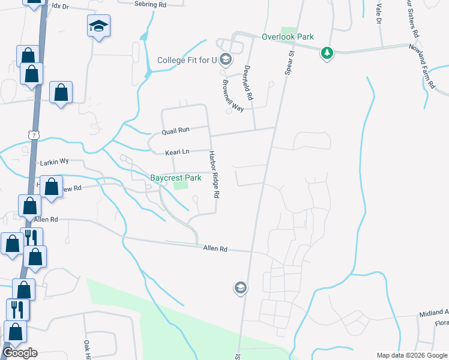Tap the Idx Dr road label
(x=61, y=5)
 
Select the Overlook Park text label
(x=288, y=37)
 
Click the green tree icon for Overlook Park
(x=327, y=53)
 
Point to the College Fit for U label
(x=187, y=59)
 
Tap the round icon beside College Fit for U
(x=226, y=59)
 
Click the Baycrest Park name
(x=175, y=178)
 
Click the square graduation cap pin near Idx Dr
(x=98, y=26)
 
